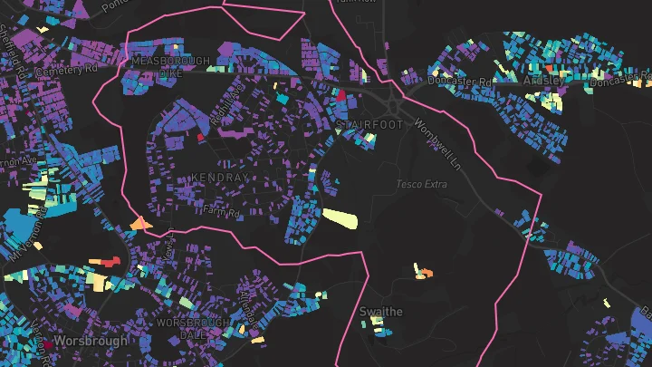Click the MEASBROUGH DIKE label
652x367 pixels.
pyautogui.click(x=170, y=66)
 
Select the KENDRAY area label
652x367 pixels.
pyautogui.click(x=219, y=179)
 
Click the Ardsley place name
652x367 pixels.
pyautogui.click(x=543, y=81)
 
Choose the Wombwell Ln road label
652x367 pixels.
pyautogui.click(x=437, y=135)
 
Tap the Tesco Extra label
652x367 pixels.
pyautogui.click(x=422, y=185)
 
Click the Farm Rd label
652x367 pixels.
pyautogui.click(x=220, y=211)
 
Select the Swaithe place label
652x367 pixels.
pyautogui.click(x=381, y=312)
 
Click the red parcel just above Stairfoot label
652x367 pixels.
pyautogui.click(x=341, y=93)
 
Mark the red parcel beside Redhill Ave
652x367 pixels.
pyautogui.click(x=201, y=137)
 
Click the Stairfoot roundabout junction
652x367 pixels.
pyautogui.click(x=392, y=93)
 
